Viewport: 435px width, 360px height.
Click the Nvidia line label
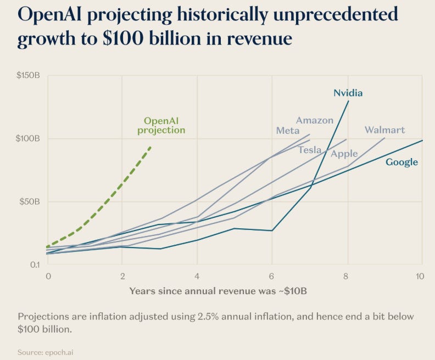coord(348,93)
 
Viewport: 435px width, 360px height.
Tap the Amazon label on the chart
coord(314,120)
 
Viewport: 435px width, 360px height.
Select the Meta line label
coord(288,131)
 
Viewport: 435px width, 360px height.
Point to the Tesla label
coord(310,150)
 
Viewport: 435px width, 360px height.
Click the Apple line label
coord(344,154)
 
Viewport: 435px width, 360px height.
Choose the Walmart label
coord(384,130)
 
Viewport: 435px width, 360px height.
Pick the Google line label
coord(401,162)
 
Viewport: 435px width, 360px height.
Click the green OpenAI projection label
coord(161,125)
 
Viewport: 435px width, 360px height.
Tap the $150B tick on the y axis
coord(28,75)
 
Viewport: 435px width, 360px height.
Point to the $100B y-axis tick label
coord(28,138)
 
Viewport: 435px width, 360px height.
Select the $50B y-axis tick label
coord(30,201)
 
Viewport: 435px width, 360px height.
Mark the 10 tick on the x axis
coord(420,275)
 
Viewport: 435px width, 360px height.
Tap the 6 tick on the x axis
coord(271,275)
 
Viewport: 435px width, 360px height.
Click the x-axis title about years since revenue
coord(218,291)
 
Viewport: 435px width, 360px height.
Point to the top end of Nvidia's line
coord(348,101)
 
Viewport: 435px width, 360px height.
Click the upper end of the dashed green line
coord(151,147)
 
